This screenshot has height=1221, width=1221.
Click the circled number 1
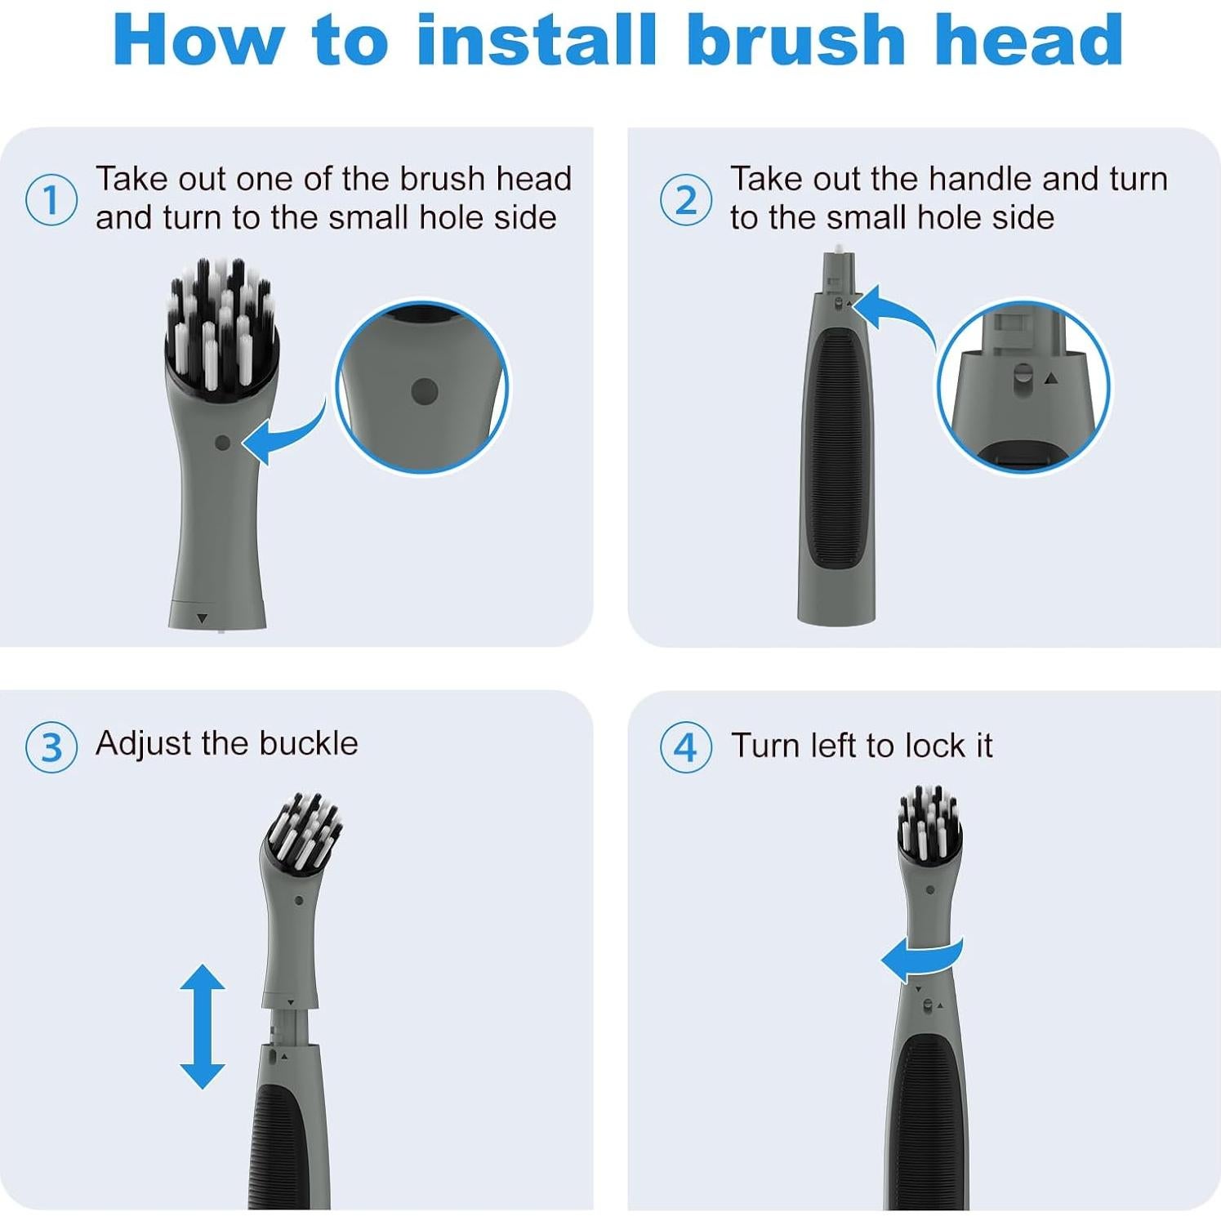pos(51,200)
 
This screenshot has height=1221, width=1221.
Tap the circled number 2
pos(686,200)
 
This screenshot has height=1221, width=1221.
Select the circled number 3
pos(51,747)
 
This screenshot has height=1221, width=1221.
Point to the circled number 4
pos(686,747)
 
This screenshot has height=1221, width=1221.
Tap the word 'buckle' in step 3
pos(309,743)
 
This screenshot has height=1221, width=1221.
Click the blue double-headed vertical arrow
pos(203,1027)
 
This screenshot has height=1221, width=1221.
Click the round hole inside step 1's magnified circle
pos(425,392)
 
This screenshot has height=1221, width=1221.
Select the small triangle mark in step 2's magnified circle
pos(1052,378)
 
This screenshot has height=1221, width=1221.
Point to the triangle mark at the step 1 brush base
pos(203,619)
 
